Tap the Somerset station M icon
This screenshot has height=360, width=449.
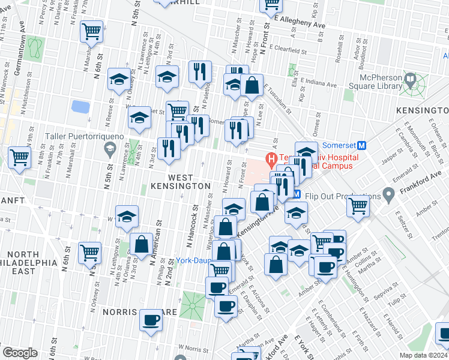point(362,146)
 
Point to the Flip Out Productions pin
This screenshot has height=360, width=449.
point(388,195)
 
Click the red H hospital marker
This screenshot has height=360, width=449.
point(271,160)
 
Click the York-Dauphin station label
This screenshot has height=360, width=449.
point(195,260)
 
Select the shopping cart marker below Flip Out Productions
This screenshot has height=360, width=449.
point(358,206)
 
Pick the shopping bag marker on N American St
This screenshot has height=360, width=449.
point(141,245)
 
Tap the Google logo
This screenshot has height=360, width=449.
point(20,353)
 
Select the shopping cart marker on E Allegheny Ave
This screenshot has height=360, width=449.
point(271,5)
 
